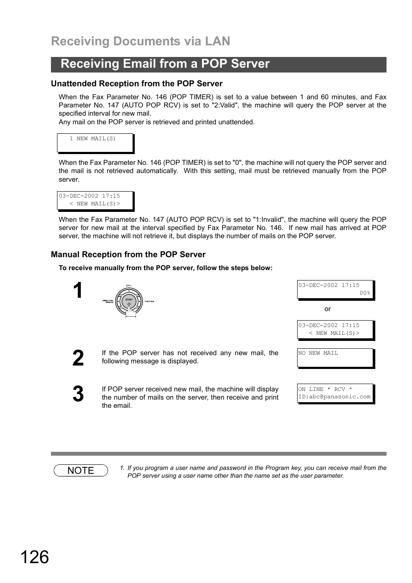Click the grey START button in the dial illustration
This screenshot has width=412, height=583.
129,302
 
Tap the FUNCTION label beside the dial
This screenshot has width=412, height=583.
149,301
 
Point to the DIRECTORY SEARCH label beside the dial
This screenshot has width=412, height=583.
108,301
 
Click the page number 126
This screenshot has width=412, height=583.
35,557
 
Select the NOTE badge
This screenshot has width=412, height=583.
81,470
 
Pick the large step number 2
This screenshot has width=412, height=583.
78,359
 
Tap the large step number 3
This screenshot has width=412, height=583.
78,394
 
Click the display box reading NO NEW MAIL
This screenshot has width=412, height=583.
335,358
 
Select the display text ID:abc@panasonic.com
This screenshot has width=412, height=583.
334,397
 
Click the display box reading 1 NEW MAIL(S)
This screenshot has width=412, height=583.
95,143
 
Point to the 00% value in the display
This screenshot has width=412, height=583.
365,293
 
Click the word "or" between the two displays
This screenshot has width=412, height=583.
327,309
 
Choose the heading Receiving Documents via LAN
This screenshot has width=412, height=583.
140,41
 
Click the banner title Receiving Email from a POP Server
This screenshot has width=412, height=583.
165,64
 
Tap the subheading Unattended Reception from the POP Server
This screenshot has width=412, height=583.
136,84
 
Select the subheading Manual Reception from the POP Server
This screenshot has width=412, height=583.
128,255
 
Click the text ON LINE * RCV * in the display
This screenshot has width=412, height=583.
325,389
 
